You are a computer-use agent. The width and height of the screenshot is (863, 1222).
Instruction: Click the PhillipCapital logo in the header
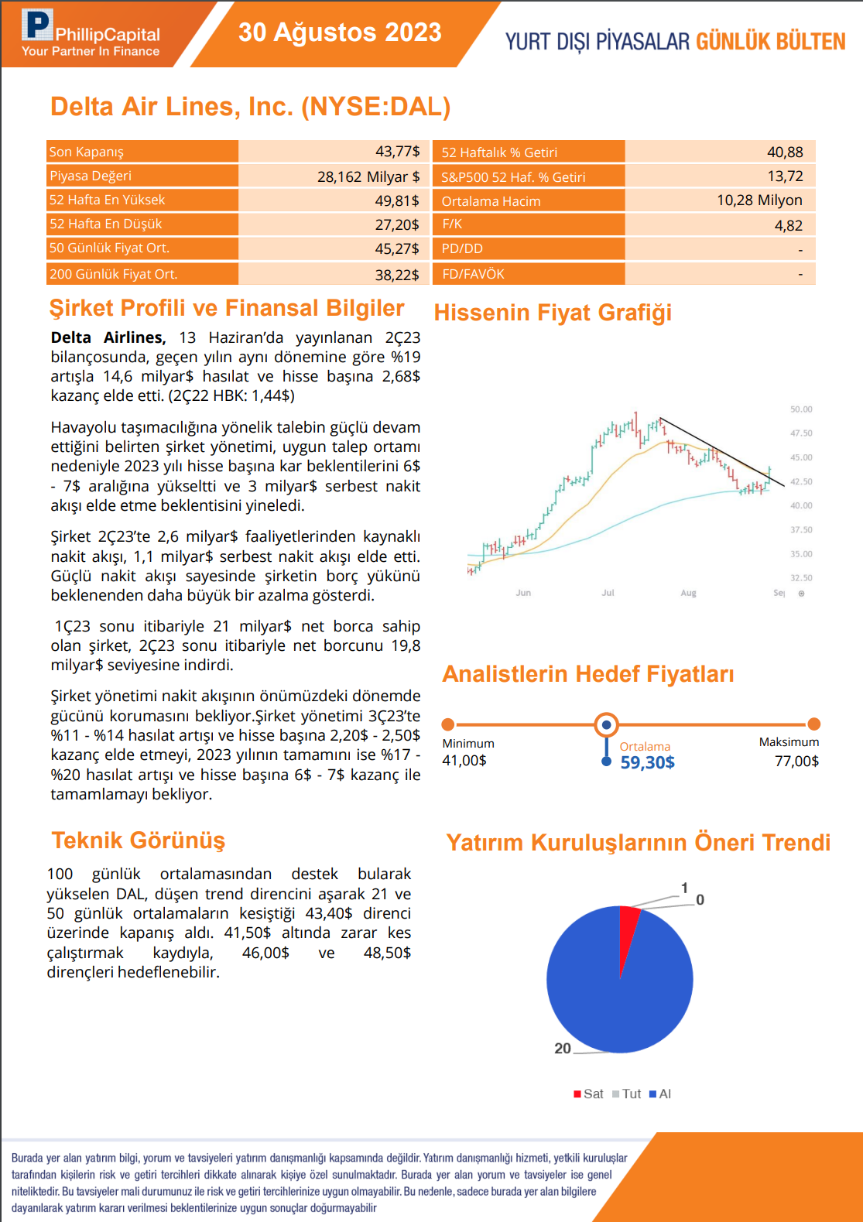[91, 34]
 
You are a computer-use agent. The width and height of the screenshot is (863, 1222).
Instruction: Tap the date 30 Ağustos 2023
[340, 33]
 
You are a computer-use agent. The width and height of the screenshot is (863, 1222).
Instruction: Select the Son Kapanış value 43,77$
[397, 152]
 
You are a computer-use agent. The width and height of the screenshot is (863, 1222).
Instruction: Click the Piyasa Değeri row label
[91, 176]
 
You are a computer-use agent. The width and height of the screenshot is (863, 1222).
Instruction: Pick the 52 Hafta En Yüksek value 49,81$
[397, 200]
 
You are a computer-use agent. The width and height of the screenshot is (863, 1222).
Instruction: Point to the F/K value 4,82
[788, 225]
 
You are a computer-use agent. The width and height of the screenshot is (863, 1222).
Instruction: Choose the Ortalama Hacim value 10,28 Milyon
[759, 200]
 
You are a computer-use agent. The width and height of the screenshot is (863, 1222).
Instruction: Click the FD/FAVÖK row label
[473, 274]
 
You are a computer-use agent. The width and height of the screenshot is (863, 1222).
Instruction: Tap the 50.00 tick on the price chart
[801, 409]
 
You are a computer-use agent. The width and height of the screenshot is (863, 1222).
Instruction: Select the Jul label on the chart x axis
[608, 593]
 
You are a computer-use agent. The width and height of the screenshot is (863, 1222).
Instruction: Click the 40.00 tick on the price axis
[801, 505]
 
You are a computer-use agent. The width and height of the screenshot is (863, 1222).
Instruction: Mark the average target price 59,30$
[647, 762]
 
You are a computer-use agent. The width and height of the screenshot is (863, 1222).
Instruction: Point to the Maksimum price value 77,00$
[796, 762]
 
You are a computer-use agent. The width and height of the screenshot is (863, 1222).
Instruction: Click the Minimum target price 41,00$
[464, 761]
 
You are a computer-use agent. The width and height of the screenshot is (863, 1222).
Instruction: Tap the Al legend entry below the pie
[660, 1094]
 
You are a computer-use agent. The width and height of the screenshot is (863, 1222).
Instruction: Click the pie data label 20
[563, 1049]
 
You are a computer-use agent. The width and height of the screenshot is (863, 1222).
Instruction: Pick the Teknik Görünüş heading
[138, 840]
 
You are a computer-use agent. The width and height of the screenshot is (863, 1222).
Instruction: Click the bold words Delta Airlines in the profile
[108, 337]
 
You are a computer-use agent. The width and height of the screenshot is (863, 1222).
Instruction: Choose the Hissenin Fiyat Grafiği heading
[553, 313]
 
